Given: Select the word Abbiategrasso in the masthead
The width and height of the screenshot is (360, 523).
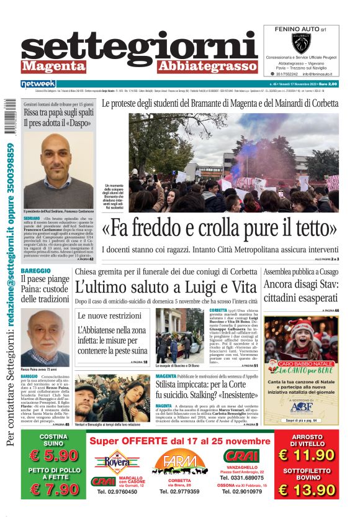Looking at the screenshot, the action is tap(207, 66).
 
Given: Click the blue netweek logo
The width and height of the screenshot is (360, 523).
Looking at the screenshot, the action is tap(38, 83).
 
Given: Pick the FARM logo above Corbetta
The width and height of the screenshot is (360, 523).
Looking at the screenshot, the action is tap(179, 463).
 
